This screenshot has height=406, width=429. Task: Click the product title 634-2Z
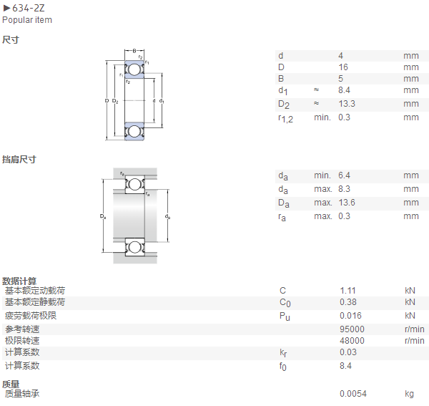pos(28,8)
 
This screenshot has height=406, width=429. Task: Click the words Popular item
pos(27,20)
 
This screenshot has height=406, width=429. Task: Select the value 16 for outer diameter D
pos(343,67)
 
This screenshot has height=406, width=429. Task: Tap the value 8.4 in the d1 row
pos(344,90)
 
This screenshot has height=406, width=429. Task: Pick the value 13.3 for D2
pos(347,104)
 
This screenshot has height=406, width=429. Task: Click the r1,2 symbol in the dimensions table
pos(285,119)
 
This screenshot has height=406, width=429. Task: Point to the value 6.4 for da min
pos(344,175)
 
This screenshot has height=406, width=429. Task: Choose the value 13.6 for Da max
pos(347,203)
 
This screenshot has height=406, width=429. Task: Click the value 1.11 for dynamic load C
pos(347,291)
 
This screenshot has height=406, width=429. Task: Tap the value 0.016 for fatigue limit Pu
pos(350,316)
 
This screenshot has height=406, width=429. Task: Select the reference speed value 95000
pos(352,329)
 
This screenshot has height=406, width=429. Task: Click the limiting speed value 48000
pos(352,341)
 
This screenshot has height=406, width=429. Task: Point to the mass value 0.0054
pos(353,394)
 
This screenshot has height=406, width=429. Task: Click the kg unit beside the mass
pos(409,394)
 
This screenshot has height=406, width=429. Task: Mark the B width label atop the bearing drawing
pos(134,51)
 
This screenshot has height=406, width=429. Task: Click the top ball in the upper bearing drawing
pos(134,69)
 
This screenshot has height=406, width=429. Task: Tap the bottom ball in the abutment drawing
pos(134,247)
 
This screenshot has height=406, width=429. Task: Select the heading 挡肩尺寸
pos(19,160)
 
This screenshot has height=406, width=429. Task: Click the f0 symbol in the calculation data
pos(282,367)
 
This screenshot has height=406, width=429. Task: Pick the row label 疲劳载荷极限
pos(31,316)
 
